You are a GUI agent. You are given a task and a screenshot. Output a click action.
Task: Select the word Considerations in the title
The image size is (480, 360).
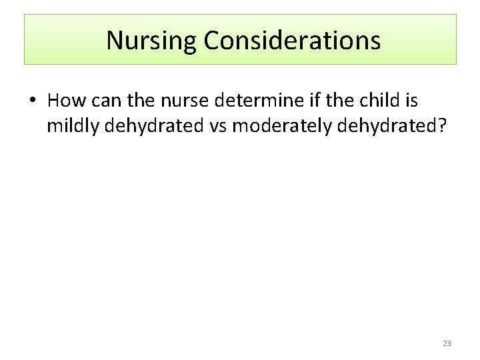(x=292, y=41)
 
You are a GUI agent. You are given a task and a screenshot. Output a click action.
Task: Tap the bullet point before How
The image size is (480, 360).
(x=32, y=101)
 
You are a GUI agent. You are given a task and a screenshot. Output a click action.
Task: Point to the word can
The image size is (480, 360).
(x=101, y=101)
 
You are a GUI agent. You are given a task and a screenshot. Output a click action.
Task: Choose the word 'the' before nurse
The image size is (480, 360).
(x=135, y=101)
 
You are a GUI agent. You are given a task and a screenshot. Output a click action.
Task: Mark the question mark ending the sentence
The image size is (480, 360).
(x=440, y=125)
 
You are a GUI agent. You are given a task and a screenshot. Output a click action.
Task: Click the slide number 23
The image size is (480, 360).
(x=447, y=343)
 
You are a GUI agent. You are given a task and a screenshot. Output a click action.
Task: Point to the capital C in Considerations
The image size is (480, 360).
(x=211, y=41)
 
